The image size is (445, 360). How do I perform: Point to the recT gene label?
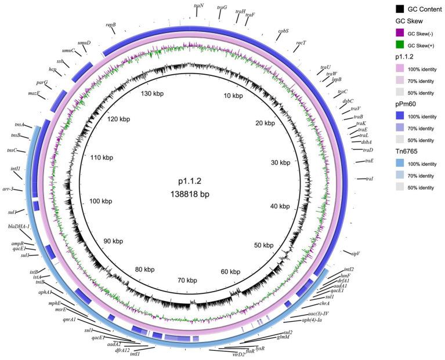(301, 43)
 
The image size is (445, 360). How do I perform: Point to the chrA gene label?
(325, 303)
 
